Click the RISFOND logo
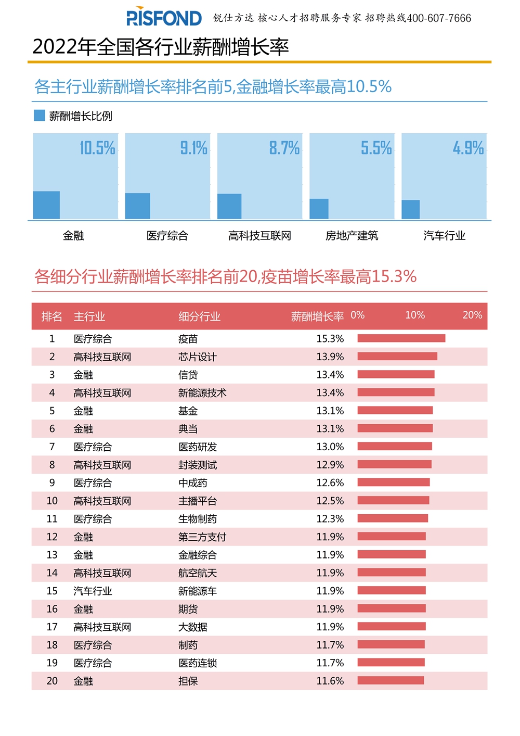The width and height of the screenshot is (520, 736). (164, 18)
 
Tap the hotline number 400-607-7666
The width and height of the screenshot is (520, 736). (439, 18)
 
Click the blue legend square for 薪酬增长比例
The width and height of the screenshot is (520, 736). (40, 116)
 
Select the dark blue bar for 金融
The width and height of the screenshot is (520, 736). (46, 205)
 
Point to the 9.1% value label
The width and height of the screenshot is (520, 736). (194, 148)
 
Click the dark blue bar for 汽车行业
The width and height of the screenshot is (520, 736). (410, 210)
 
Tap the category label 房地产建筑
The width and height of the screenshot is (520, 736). (352, 236)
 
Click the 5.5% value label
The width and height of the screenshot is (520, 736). (376, 148)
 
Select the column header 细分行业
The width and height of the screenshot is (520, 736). (199, 316)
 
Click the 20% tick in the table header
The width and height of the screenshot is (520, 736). (472, 315)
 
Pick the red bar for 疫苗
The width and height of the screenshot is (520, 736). (401, 338)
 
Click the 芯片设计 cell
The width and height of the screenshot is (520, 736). (197, 357)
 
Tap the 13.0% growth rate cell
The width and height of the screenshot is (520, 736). (330, 447)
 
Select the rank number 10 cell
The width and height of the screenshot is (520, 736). (52, 501)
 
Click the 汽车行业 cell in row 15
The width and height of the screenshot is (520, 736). (93, 591)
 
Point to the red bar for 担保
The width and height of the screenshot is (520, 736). (391, 680)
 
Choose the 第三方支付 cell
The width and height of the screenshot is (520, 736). (202, 537)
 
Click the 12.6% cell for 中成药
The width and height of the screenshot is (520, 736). (330, 483)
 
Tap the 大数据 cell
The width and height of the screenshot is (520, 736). (193, 627)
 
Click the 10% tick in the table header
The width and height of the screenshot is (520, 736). (415, 315)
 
